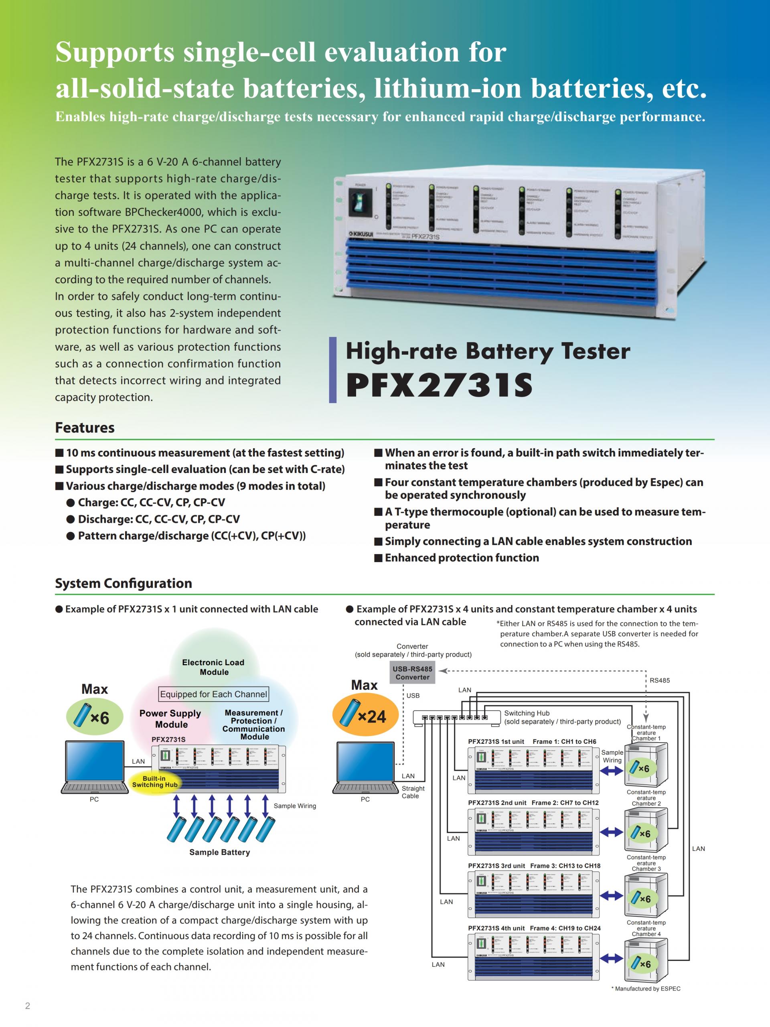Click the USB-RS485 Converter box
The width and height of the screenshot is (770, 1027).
pos(412,673)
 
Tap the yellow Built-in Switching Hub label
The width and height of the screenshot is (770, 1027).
pos(154,781)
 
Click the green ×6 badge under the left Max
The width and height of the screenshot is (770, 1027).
pos(94,717)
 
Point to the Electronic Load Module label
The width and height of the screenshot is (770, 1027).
pos(213,667)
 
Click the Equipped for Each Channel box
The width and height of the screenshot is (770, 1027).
pos(213,694)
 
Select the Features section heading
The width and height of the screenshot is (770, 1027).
pos(85,428)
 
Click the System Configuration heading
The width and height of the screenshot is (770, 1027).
pos(124,583)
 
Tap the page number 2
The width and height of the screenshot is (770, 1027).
pos(27,1006)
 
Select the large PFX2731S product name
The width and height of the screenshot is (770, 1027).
pos(439,385)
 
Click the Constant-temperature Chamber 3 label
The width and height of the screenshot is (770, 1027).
pos(646,863)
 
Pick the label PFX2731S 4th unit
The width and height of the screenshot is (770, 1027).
pos(496,928)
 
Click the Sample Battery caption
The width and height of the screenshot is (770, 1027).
pos(219,852)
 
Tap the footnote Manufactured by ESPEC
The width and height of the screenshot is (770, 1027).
pos(647,988)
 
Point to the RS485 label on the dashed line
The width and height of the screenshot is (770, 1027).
pos(660,680)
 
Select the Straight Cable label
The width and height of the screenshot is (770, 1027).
pos(413,792)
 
